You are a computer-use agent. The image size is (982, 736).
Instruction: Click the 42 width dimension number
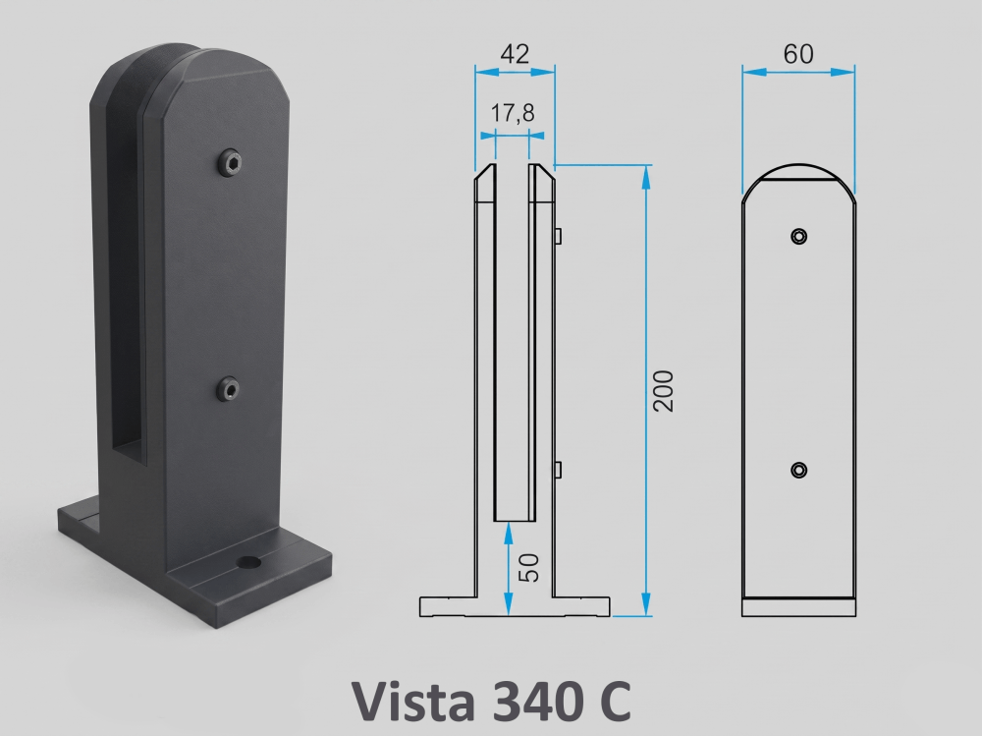point(515,54)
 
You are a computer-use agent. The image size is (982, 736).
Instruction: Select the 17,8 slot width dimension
point(513,113)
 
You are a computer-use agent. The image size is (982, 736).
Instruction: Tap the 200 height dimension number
point(663,390)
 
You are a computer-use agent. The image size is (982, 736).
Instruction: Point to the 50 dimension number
point(529,568)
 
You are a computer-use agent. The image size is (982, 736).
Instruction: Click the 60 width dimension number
point(798,54)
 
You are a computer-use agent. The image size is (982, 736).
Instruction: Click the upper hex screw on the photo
point(231,164)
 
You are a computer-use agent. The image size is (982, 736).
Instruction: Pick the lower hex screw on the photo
point(229,389)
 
